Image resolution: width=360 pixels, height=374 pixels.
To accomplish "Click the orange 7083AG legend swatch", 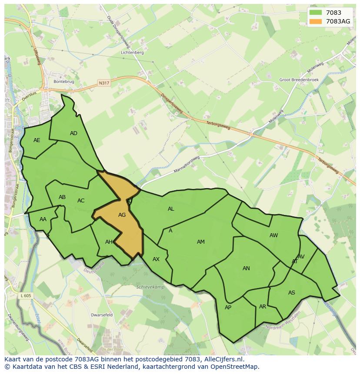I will pyautogui.click(x=316, y=21).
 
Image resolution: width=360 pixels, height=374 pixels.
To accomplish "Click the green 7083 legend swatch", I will pyautogui.click(x=316, y=13).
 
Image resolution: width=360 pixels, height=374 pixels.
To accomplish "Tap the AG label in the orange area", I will pyautogui.click(x=122, y=215).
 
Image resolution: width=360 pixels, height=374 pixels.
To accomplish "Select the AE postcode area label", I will pyautogui.click(x=37, y=140).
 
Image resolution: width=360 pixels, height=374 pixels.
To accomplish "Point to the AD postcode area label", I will pyautogui.click(x=73, y=133).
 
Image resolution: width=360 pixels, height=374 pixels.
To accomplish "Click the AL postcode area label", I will pyautogui.click(x=171, y=209).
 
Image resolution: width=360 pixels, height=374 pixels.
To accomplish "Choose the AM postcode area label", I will pyautogui.click(x=200, y=242).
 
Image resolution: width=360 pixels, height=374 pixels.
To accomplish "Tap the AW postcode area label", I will pyautogui.click(x=273, y=235).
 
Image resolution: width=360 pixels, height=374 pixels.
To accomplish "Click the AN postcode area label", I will pyautogui.click(x=246, y=268).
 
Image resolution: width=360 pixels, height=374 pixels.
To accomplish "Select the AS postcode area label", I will pyautogui.click(x=291, y=292).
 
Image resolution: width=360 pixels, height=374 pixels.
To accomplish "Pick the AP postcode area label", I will pyautogui.click(x=228, y=307).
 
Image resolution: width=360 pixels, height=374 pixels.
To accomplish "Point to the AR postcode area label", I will pyautogui.click(x=262, y=306).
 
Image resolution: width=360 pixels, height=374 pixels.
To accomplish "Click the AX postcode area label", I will pyautogui.click(x=156, y=259).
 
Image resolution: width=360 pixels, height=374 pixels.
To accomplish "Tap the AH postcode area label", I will pyautogui.click(x=109, y=242).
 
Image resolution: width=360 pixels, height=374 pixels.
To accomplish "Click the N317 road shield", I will pyautogui.click(x=104, y=83).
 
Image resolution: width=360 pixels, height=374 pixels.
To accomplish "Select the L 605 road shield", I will pyautogui.click(x=26, y=295).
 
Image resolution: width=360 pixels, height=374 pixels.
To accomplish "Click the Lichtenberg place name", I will pyautogui.click(x=133, y=53).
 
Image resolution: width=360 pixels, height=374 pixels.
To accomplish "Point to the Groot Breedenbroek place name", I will pyautogui.click(x=299, y=80).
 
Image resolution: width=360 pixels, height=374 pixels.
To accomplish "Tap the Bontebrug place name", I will pyautogui.click(x=63, y=81).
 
